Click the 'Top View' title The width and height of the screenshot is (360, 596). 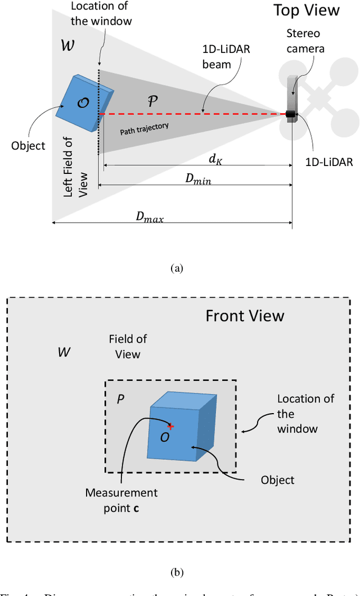(x=307, y=10)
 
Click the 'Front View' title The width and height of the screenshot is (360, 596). (x=245, y=315)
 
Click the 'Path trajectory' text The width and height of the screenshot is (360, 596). (x=144, y=129)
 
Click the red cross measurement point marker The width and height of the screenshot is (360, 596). (x=170, y=427)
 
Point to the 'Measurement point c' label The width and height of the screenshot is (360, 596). (x=121, y=500)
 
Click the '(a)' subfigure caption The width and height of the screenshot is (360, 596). (x=177, y=268)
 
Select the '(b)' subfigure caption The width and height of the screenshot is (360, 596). (x=177, y=573)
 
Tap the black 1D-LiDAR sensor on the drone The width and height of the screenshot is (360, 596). (x=291, y=114)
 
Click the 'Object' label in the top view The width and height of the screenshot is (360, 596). (x=28, y=146)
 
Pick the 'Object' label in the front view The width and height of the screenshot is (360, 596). (x=277, y=480)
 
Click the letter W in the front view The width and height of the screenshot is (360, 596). (x=64, y=352)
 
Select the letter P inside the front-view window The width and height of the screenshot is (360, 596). (x=120, y=399)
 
